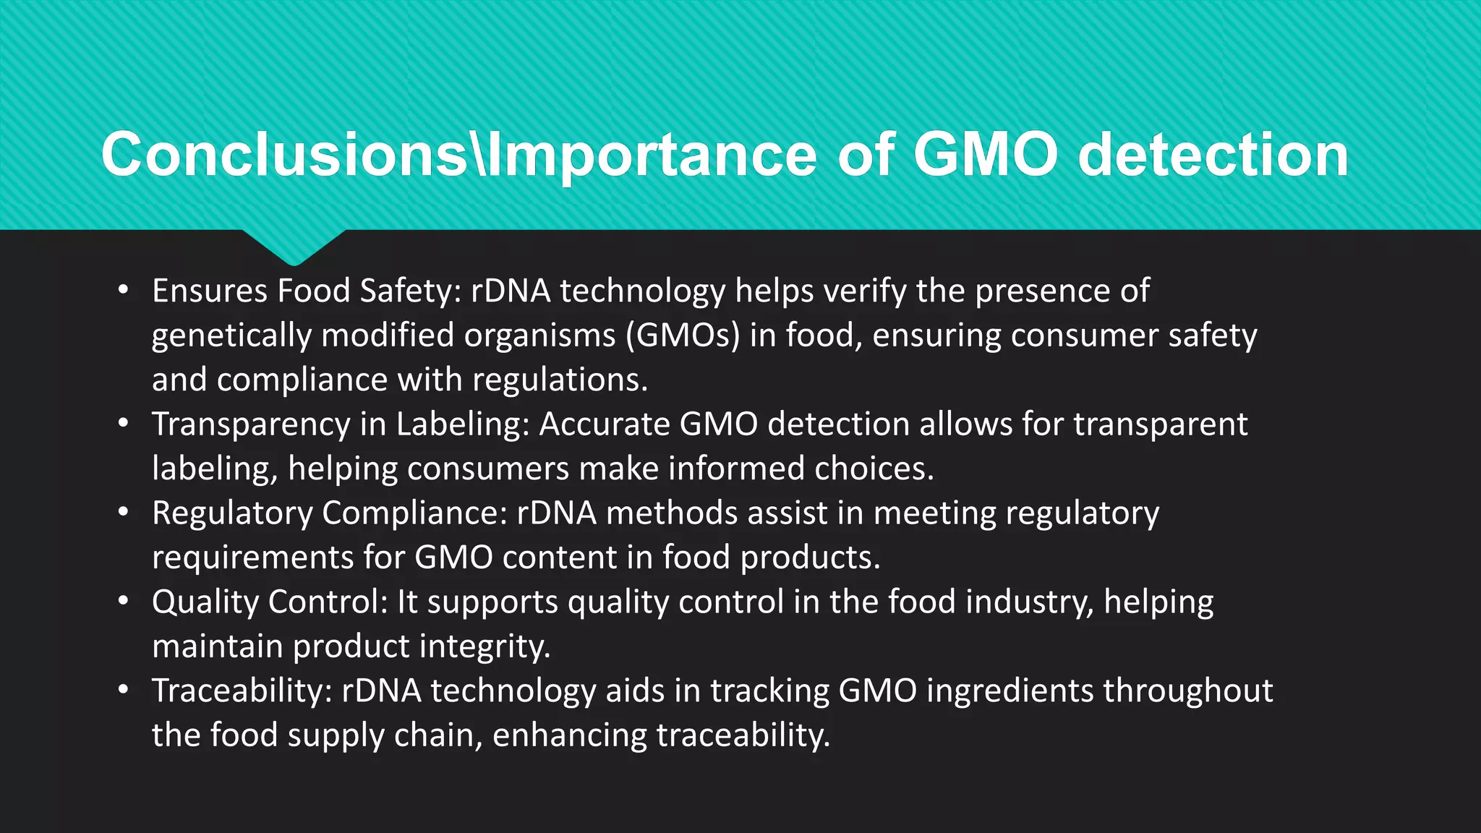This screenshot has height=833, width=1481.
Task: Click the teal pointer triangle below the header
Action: [293, 246]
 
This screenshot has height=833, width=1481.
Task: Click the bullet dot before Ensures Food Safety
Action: [124, 291]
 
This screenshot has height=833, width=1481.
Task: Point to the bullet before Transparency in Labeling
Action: [124, 424]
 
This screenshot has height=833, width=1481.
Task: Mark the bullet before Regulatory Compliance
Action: [124, 513]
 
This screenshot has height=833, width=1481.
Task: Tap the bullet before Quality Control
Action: [124, 602]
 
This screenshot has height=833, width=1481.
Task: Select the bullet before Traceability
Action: [124, 691]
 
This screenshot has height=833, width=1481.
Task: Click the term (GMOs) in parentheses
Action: [682, 336]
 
